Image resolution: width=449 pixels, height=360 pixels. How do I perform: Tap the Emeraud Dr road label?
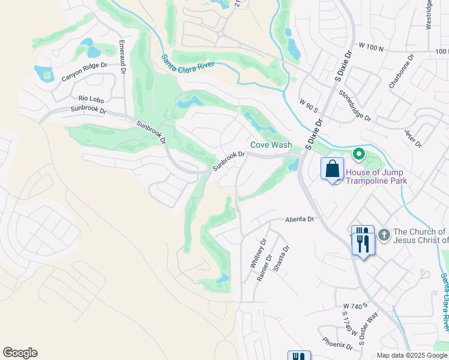click(122, 57)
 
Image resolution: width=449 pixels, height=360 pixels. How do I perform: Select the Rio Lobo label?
click(92, 98)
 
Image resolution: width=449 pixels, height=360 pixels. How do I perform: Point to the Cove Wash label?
click(271, 145)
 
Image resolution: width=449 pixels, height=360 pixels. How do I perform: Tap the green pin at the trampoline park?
click(359, 154)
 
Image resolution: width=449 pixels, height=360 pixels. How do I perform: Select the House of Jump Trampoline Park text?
click(376, 177)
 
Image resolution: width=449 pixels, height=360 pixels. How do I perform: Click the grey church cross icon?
click(384, 233)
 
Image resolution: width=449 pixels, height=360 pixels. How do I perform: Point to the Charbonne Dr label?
click(402, 73)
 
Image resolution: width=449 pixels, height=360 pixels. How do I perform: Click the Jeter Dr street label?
click(414, 139)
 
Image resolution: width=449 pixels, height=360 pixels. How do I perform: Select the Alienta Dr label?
click(300, 220)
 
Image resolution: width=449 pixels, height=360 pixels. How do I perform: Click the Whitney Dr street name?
click(258, 253)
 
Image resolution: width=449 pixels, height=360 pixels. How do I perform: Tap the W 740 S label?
click(355, 306)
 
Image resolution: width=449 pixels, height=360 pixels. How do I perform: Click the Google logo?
click(20, 353)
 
